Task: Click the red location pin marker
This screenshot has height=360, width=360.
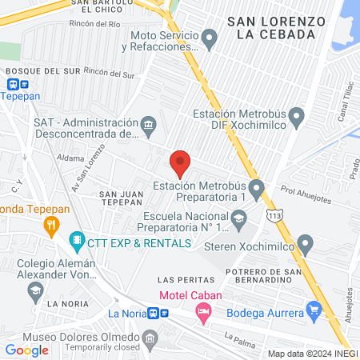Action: (180, 162)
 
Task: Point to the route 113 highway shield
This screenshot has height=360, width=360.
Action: (275, 216)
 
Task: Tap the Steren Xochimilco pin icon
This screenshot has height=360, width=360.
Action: (304, 242)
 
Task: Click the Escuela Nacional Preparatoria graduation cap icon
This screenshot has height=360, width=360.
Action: (238, 218)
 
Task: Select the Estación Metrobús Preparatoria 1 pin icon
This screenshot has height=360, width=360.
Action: (256, 190)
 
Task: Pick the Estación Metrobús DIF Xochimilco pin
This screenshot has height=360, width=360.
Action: (297, 119)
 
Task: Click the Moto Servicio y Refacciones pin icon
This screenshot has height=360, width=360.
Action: (210, 37)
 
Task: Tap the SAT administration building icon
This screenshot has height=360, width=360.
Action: (149, 124)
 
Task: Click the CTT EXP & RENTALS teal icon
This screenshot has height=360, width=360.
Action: (77, 238)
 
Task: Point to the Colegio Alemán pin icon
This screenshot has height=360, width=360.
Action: (35, 291)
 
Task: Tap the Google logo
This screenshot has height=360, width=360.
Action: (26, 350)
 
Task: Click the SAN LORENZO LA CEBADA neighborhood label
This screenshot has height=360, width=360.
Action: (275, 26)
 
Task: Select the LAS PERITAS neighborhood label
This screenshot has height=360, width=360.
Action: (186, 280)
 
